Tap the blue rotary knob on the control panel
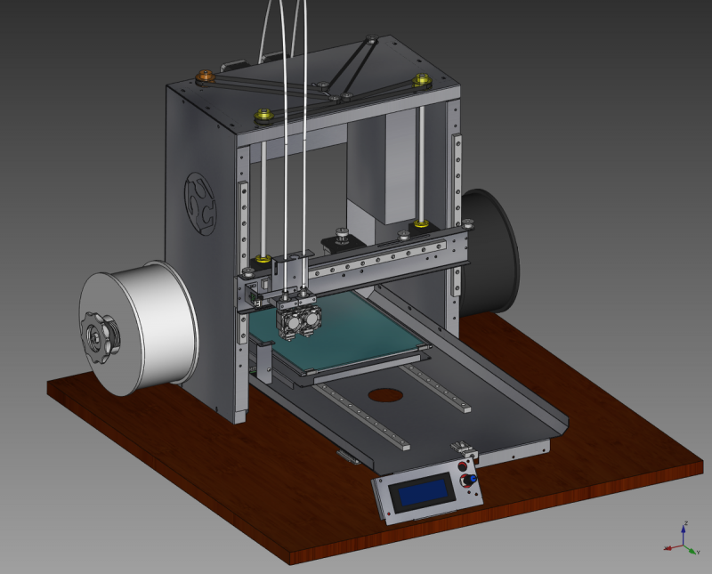472,481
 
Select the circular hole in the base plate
384,395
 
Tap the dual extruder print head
298,316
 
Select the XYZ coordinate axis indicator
681,539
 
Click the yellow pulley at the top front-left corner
263,116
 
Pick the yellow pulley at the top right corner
421,82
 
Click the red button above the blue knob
462,467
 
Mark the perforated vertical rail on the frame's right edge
457,214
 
